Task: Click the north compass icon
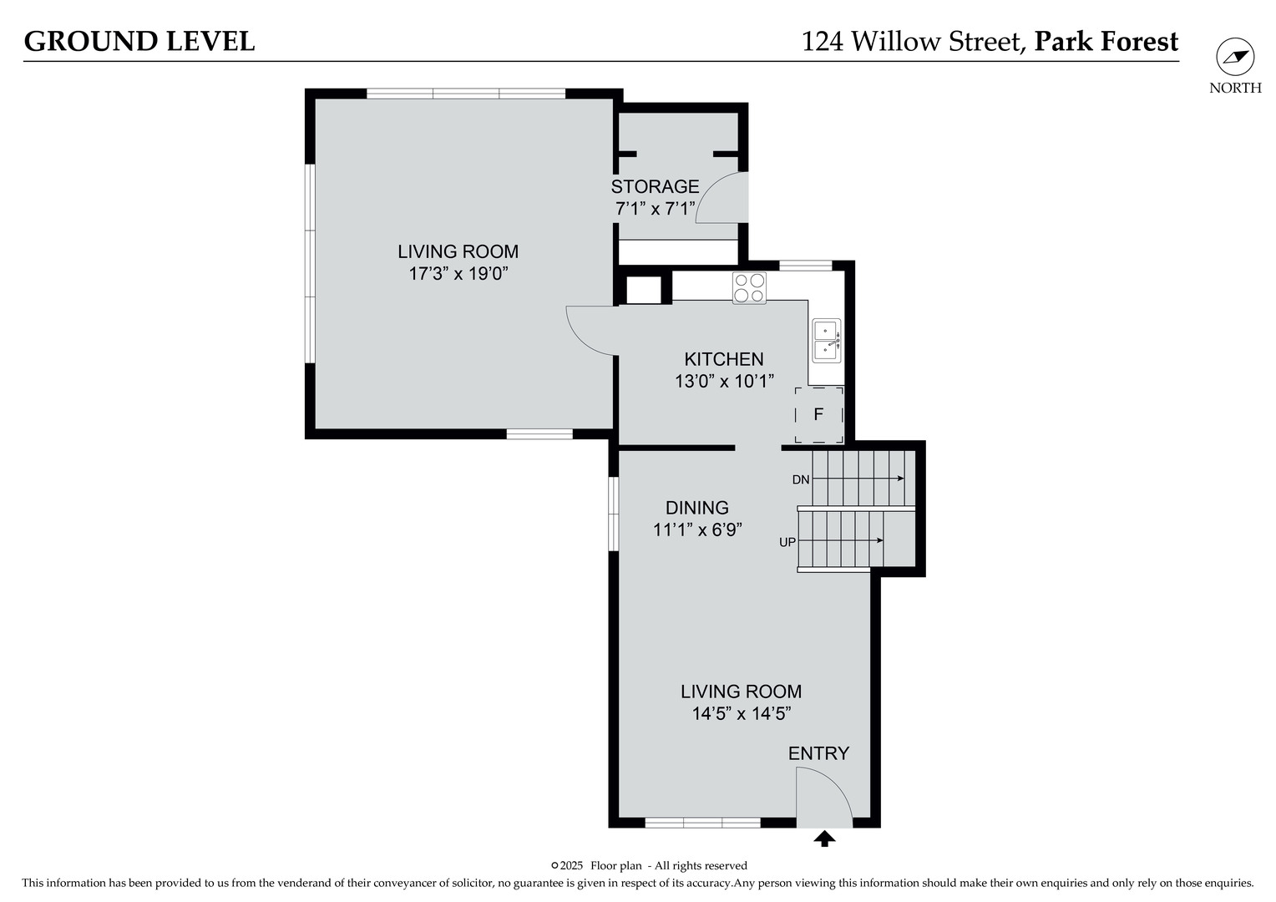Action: pos(1234,57)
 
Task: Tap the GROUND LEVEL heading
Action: pos(139,41)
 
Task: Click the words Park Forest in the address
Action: pos(1106,41)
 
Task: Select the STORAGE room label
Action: pos(655,186)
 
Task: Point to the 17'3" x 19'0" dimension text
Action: pos(458,273)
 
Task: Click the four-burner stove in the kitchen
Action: pos(749,287)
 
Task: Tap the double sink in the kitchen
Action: pos(827,340)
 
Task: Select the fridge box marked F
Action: pos(818,414)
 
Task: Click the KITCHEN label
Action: pos(723,359)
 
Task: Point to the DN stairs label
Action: pos(800,479)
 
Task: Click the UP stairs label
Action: pos(787,542)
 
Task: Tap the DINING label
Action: pos(696,508)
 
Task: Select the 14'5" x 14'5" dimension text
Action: pos(741,713)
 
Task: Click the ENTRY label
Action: pos(818,753)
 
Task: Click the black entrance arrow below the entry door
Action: pos(824,839)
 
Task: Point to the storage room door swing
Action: pos(720,199)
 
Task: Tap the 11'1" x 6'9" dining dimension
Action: pos(696,530)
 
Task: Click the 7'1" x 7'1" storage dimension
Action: pos(655,209)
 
